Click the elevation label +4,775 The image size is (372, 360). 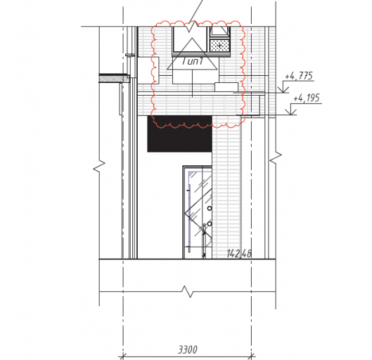(x=299, y=76)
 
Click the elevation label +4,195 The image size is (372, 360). (x=307, y=98)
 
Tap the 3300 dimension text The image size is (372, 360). (x=188, y=349)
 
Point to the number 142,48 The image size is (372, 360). (x=239, y=254)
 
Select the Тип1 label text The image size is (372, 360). (x=193, y=61)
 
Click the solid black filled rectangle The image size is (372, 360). (x=179, y=134)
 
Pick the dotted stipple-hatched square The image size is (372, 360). (x=220, y=45)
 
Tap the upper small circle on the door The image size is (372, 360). (x=210, y=208)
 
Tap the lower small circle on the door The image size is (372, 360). (x=210, y=224)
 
